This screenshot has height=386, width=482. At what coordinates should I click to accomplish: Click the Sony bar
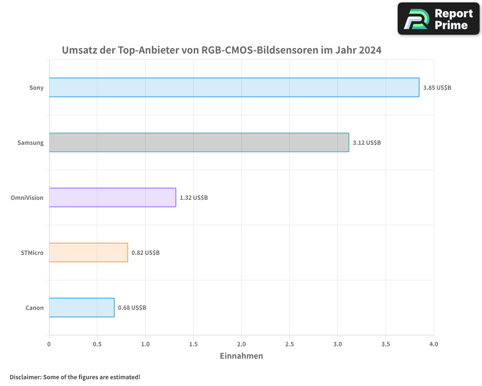click(x=234, y=87)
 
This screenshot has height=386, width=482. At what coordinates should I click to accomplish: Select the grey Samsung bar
click(x=199, y=142)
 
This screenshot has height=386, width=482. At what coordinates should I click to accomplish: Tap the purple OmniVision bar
click(x=112, y=197)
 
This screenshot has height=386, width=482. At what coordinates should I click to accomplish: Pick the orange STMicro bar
click(x=88, y=252)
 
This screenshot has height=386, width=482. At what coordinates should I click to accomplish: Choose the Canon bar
click(x=81, y=307)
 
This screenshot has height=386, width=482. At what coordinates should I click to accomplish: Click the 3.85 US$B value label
click(x=437, y=88)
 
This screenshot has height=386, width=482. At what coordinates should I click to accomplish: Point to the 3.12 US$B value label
click(x=367, y=143)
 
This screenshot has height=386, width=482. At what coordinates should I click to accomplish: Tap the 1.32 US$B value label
click(x=194, y=198)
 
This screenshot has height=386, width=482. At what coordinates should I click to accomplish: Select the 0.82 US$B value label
click(x=146, y=253)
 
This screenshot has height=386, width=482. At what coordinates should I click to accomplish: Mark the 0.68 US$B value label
click(x=132, y=308)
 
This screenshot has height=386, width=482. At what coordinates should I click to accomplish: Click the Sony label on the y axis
click(x=36, y=88)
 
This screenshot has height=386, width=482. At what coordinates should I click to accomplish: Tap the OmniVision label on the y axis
click(x=27, y=198)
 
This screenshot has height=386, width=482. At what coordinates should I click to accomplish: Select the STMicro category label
click(x=32, y=253)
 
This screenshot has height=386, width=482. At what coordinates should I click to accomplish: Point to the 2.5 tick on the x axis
click(x=289, y=344)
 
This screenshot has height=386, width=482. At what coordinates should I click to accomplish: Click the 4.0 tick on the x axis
click(x=433, y=344)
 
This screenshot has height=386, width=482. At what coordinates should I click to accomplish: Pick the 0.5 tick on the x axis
click(x=97, y=344)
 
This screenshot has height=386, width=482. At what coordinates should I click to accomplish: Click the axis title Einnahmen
click(x=241, y=356)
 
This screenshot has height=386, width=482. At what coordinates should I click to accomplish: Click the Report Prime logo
click(x=439, y=19)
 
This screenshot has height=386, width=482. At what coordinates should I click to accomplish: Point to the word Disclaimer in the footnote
click(x=25, y=377)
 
